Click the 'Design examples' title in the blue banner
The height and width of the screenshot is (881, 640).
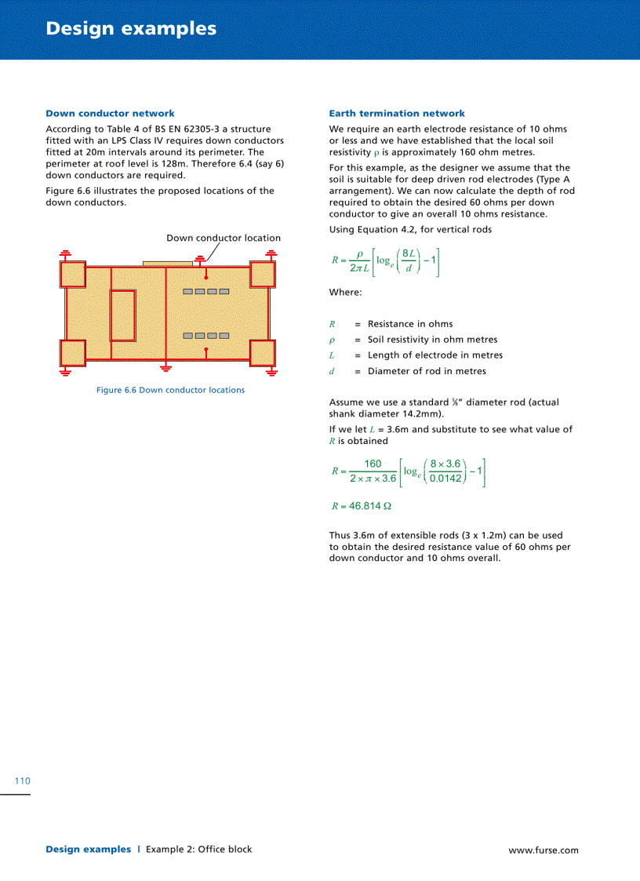coord(131,29)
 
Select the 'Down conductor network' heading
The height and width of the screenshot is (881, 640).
coord(110,114)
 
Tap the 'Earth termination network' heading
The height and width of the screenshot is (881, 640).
coord(397,114)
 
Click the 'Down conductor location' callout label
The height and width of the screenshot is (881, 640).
coord(223,238)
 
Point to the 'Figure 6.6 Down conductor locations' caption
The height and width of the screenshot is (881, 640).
coord(170,390)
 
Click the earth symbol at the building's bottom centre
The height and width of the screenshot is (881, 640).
coord(165,367)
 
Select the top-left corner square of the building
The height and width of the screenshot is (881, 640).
coord(73,274)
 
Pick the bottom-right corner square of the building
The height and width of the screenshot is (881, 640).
coord(262,353)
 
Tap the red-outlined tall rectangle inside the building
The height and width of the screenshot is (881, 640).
coord(122,315)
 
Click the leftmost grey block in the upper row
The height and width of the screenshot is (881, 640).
coord(188,292)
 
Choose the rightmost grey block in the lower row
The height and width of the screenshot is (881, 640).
coord(224,336)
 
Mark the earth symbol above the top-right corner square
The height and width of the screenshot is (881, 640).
coord(271,253)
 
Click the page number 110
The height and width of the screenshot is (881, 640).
coord(22,781)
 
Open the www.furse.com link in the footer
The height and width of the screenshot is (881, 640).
coord(543,850)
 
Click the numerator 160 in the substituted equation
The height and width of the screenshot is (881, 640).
coord(373,464)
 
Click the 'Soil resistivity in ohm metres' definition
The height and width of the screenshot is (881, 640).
coord(432,340)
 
